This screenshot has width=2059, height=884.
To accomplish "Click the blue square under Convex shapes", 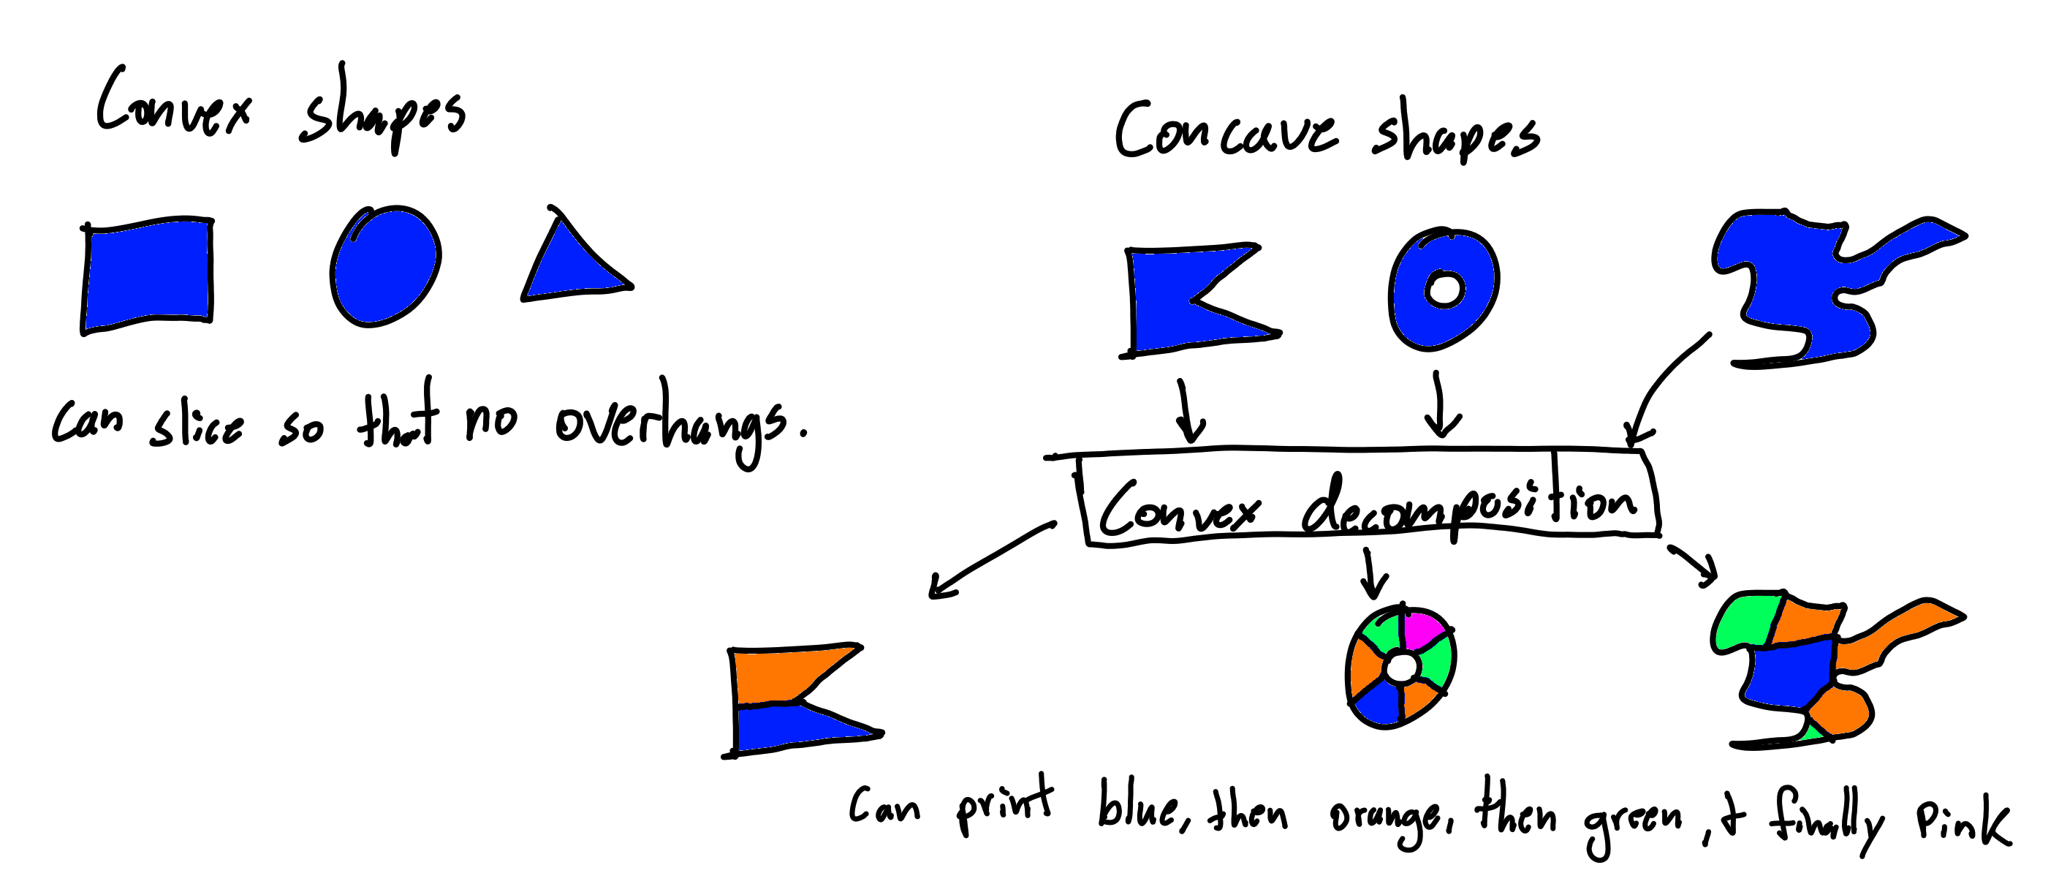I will click(148, 274).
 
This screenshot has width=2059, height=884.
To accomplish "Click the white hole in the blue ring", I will click(1444, 289).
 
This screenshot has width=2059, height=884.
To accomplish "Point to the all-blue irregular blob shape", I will click(1799, 288).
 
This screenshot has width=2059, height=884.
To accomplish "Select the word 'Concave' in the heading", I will click(1226, 132).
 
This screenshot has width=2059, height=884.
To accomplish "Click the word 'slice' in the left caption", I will click(197, 423).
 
